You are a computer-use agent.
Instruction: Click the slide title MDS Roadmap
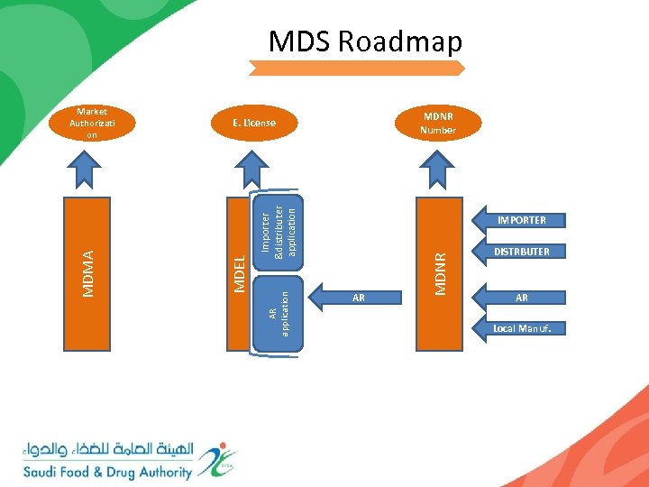[x=365, y=41]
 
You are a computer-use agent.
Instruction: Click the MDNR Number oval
[x=438, y=124]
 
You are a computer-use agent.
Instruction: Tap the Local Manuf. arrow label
[x=521, y=328]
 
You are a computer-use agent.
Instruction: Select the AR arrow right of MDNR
[x=519, y=298]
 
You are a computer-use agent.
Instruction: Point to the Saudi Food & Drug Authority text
[x=108, y=472]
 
